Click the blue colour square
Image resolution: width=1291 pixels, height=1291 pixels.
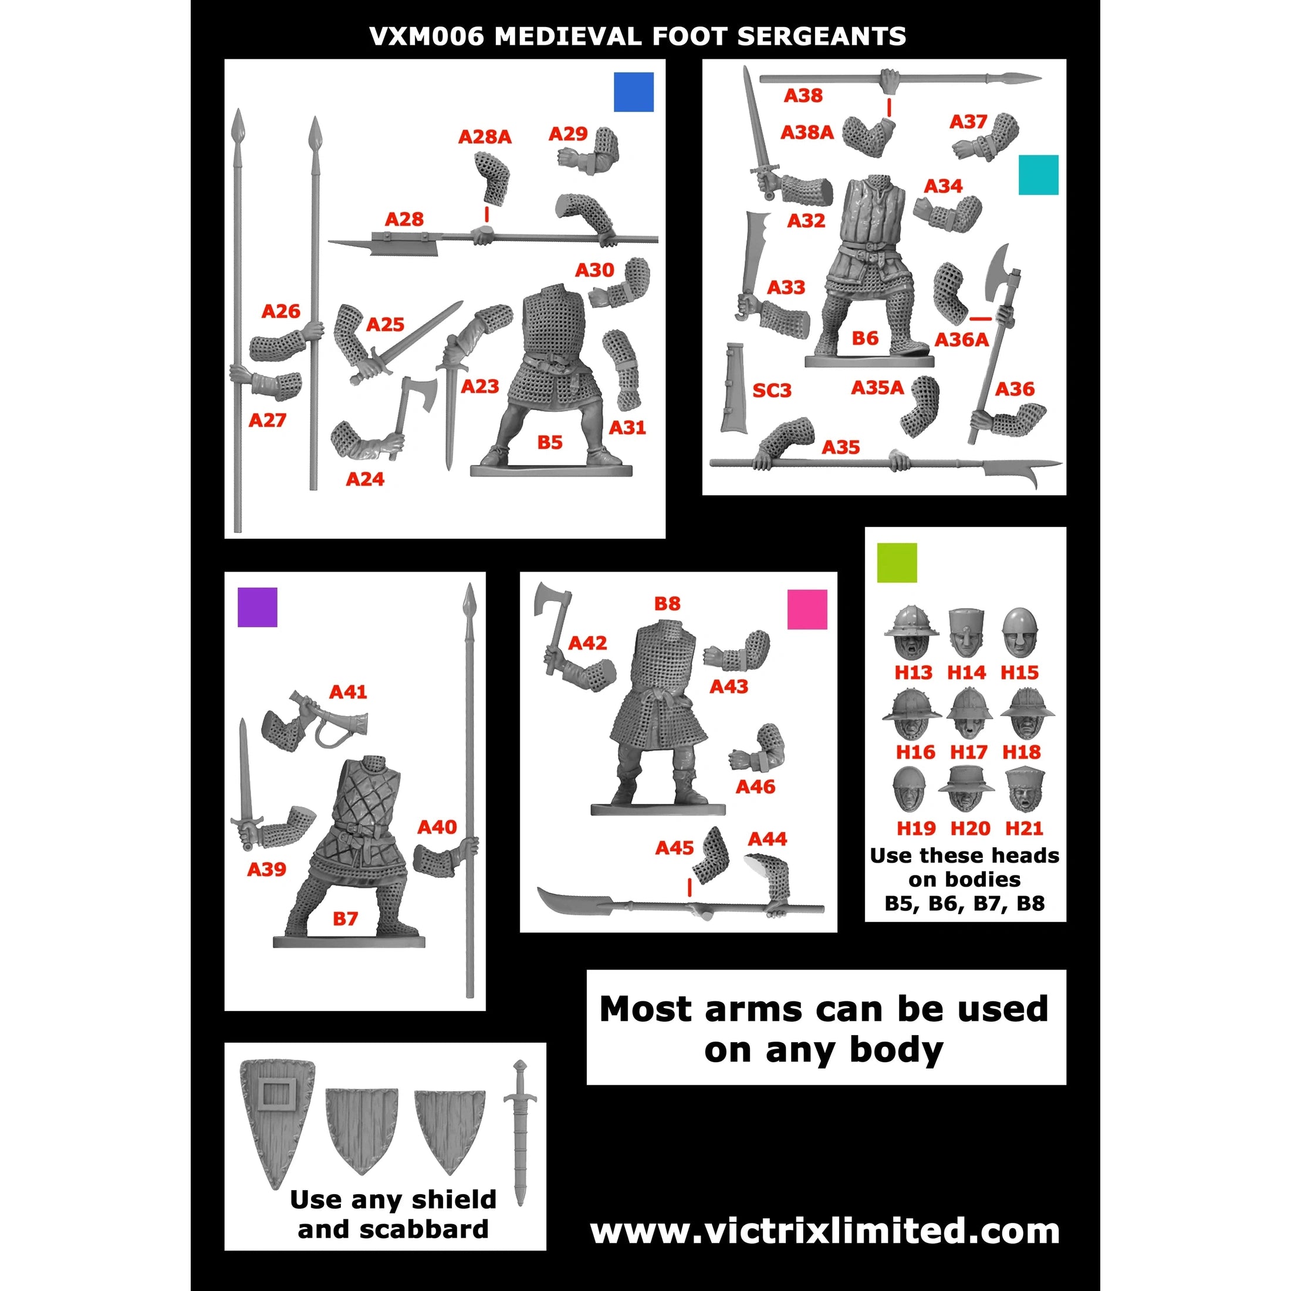pyautogui.click(x=634, y=92)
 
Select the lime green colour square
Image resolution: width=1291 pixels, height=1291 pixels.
pyautogui.click(x=897, y=563)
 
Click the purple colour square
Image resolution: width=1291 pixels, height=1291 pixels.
pyautogui.click(x=257, y=607)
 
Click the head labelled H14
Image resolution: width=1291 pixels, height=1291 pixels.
pyautogui.click(x=966, y=632)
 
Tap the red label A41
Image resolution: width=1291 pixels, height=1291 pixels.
pyautogui.click(x=348, y=692)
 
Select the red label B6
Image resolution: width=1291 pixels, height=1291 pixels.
pyautogui.click(x=864, y=338)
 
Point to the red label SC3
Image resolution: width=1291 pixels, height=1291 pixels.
pyautogui.click(x=772, y=390)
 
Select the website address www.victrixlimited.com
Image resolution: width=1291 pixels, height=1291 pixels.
pyautogui.click(x=824, y=1231)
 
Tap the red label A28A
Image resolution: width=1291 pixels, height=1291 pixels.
pyautogui.click(x=485, y=137)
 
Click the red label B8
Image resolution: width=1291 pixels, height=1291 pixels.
pyautogui.click(x=667, y=603)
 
